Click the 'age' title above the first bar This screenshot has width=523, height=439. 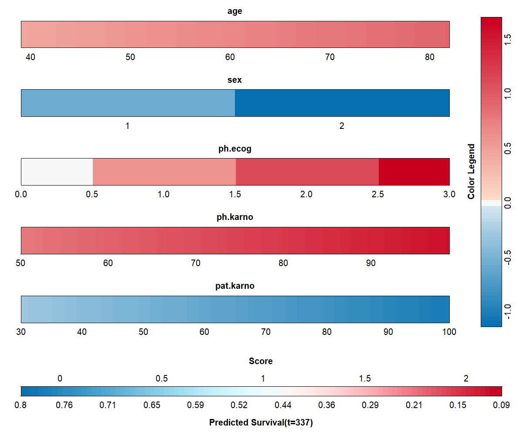point(235,11)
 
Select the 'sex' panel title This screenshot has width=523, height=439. point(235,80)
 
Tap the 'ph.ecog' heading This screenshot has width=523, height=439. point(235,149)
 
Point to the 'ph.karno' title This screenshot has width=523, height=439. point(235,217)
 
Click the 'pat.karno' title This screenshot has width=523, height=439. point(235,286)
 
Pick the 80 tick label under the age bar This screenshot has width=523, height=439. point(430,57)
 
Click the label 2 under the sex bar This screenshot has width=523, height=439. point(342,126)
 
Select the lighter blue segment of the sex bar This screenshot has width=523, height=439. point(128,103)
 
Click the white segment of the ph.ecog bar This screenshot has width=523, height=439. point(57,172)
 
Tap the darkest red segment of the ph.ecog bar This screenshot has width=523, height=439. point(414,172)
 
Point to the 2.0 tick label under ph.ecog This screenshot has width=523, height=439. point(306,194)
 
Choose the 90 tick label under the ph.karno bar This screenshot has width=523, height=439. point(371,263)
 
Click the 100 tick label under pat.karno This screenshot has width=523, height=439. point(449,332)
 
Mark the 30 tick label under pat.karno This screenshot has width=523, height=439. point(21,332)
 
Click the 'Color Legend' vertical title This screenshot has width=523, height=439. point(471,172)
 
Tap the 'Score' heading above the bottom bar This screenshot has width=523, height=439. point(261,361)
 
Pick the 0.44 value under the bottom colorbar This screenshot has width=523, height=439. point(283,405)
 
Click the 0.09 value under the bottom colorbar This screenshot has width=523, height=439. point(501,405)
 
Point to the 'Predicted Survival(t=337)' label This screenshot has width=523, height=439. point(261,422)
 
